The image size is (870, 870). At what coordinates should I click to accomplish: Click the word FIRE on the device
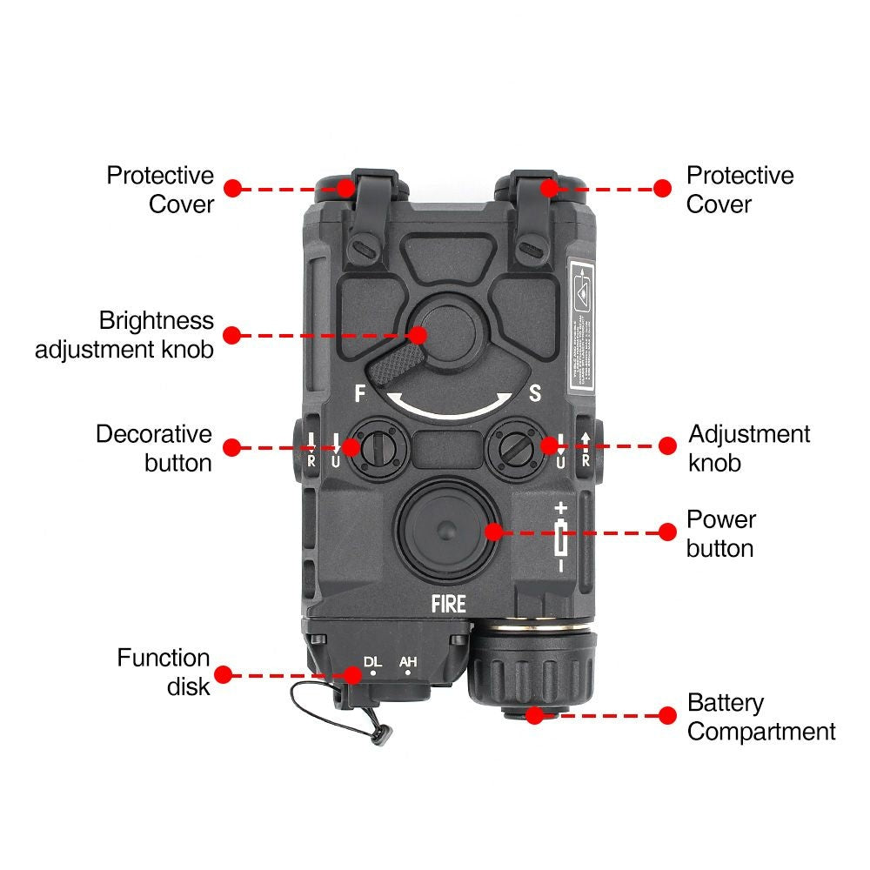point(448,603)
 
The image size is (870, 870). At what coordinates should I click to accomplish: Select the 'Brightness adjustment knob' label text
point(124,335)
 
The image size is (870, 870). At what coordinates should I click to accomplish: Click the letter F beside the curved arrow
point(359,393)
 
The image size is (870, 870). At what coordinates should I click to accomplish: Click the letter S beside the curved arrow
point(535,393)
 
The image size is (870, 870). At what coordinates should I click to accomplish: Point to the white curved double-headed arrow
point(450,407)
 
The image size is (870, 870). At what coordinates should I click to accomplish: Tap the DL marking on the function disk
point(372,663)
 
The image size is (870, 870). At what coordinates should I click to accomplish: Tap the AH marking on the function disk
point(408,663)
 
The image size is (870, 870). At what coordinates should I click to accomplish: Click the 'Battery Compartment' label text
point(761,717)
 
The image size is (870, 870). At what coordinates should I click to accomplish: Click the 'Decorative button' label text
point(154,448)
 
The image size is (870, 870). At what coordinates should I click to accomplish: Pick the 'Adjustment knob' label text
point(749,448)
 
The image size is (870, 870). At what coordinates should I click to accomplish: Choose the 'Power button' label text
point(720,533)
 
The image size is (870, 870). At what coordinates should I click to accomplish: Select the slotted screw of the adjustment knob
point(516,448)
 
